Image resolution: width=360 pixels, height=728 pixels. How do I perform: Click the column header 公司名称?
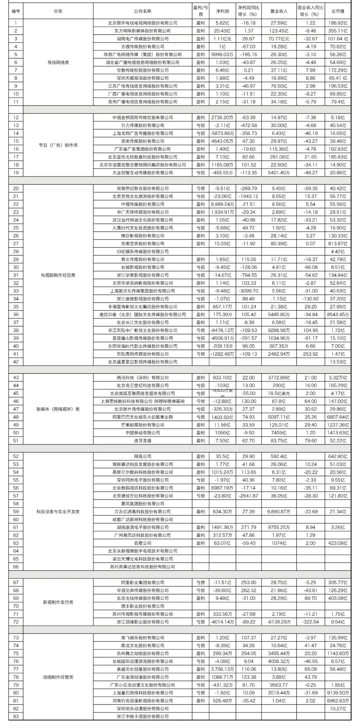pos(143,11)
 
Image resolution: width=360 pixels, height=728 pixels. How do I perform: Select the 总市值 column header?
pos(338,11)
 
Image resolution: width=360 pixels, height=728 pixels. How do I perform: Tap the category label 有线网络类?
pos(58,62)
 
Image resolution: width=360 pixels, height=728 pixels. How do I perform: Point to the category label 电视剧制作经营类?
pos(58,275)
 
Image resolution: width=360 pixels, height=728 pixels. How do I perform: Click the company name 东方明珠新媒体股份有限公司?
pos(143,31)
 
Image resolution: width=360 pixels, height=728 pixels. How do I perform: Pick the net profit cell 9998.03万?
pos(222,54)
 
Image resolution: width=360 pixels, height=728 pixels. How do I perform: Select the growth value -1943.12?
pos(248,196)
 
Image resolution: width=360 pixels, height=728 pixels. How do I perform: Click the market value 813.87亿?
pos(338,244)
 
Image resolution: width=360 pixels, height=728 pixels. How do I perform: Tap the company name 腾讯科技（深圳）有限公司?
pos(143,378)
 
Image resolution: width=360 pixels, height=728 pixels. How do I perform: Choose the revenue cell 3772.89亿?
pos(279,378)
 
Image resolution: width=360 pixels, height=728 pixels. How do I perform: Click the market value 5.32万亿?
pos(338,378)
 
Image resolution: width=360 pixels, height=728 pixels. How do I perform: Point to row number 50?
pos(16,433)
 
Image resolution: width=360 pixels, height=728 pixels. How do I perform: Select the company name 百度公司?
pos(143,543)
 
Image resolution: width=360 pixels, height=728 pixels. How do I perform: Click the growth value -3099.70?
pos(248,291)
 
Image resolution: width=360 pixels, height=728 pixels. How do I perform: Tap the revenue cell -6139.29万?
pos(279,622)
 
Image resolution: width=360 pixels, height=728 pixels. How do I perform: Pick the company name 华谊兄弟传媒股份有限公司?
pos(143,590)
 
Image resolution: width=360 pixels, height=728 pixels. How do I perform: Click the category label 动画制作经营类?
pos(58,677)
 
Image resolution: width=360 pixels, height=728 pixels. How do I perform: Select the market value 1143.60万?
pos(338,653)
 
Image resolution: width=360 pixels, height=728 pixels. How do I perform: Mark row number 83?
pos(16,716)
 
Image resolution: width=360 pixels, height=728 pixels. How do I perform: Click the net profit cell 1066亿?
pos(222,433)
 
